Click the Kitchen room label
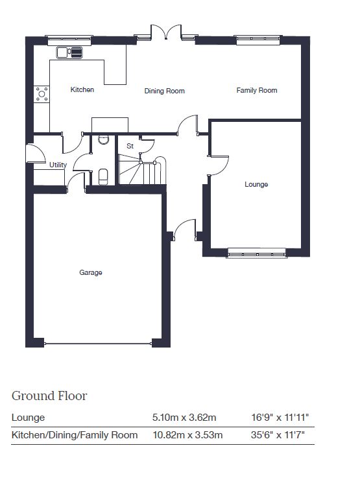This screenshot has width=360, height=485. [x=82, y=89]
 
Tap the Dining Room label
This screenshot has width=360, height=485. [x=164, y=91]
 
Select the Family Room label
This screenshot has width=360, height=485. [x=257, y=90]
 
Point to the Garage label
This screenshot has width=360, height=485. [x=91, y=272]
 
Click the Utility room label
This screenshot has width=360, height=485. [x=58, y=165]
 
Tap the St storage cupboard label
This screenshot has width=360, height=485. [x=130, y=146]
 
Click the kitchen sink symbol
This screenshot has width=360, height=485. [x=70, y=53]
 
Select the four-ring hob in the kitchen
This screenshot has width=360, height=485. [x=42, y=94]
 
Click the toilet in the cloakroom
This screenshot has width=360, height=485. [x=103, y=176]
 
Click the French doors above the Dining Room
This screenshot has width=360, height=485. [x=166, y=32]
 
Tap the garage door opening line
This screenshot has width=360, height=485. [x=98, y=344]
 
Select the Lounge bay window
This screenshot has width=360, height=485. [x=257, y=254]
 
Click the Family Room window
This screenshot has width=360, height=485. [x=258, y=40]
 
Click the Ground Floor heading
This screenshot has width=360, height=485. [x=49, y=396]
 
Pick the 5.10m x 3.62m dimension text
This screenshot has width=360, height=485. [x=184, y=418]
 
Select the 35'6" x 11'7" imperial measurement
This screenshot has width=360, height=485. [x=278, y=435]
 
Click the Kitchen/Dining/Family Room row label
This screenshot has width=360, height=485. [x=75, y=435]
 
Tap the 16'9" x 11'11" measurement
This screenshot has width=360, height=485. [x=280, y=418]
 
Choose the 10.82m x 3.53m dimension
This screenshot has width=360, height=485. [x=187, y=435]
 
